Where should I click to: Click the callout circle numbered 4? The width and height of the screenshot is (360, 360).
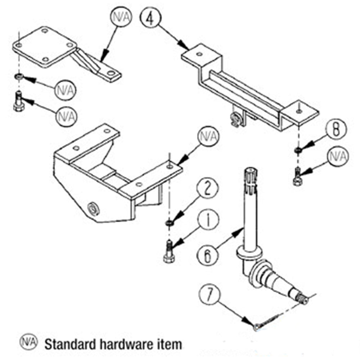click(151, 18)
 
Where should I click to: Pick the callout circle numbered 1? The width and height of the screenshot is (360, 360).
click(208, 220)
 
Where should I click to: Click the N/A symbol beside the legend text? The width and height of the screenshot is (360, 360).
click(28, 342)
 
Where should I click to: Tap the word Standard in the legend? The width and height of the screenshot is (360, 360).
click(71, 345)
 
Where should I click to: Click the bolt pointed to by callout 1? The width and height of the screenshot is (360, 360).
click(169, 251)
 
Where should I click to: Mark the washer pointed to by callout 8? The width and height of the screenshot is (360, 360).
click(298, 150)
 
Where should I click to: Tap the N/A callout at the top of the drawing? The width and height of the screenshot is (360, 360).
click(121, 17)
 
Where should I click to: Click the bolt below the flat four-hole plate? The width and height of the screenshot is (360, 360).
click(18, 101)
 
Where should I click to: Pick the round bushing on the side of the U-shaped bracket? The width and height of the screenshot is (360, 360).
click(94, 209)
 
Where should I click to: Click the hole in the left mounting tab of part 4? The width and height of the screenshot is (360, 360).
click(199, 54)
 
